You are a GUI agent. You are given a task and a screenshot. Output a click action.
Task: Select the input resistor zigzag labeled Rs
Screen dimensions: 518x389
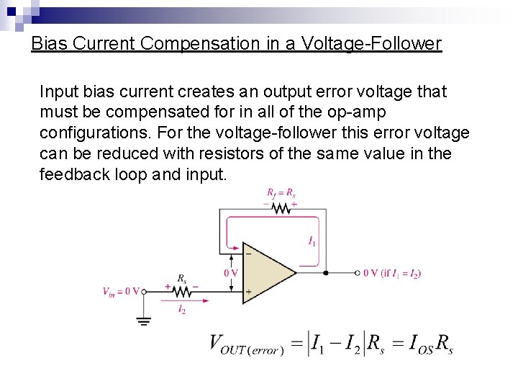(181, 291)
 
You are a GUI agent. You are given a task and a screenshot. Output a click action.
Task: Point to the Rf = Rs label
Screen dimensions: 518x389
(281, 192)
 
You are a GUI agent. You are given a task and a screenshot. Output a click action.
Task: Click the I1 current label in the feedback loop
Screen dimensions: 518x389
(311, 241)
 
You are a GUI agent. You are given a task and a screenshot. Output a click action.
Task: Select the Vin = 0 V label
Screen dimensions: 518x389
(120, 291)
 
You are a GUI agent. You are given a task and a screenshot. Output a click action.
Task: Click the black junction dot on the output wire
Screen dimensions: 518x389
(326, 273)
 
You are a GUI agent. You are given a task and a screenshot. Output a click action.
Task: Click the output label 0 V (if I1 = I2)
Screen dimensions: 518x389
(392, 273)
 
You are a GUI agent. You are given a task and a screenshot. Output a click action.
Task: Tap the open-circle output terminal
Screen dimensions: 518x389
(358, 273)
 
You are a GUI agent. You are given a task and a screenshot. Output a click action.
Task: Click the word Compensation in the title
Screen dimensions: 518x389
(204, 44)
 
